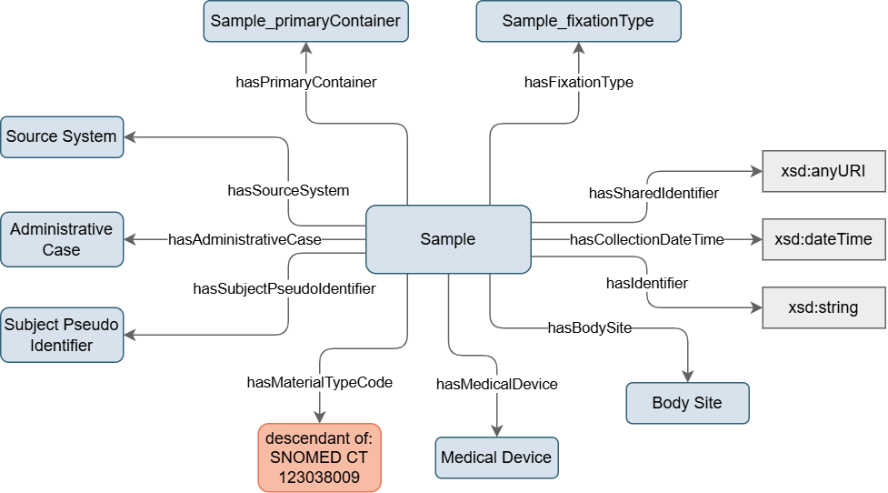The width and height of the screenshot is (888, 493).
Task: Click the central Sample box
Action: tap(448, 239)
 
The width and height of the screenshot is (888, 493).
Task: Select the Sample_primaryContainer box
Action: tap(305, 21)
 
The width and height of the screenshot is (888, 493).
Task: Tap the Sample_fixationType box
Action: tap(578, 21)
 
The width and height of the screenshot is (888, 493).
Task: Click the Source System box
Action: tap(61, 136)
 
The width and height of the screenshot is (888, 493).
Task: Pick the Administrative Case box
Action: tap(61, 239)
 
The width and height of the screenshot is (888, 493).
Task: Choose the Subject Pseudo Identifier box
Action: tap(61, 334)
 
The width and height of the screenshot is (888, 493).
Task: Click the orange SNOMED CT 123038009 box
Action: tap(319, 458)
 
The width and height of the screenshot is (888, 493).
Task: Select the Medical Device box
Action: tap(496, 458)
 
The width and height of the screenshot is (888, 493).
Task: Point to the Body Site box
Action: tap(687, 403)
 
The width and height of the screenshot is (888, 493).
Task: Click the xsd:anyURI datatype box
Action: tap(823, 171)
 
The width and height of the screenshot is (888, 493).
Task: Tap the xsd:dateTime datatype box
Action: tap(823, 239)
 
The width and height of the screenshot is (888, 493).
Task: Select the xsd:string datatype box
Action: tap(823, 307)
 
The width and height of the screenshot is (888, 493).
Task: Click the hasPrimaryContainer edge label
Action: tap(305, 82)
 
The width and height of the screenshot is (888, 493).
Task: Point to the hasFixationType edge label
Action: tap(579, 82)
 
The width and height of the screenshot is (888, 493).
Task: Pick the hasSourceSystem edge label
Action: tap(288, 190)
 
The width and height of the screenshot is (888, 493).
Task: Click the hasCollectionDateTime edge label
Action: tap(647, 239)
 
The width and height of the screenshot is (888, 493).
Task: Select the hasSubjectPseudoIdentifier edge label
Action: tap(284, 288)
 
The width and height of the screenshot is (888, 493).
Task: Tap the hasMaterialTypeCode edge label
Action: tap(319, 383)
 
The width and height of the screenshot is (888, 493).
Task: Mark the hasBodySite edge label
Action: tap(589, 327)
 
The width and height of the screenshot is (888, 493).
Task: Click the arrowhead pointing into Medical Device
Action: tap(496, 430)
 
